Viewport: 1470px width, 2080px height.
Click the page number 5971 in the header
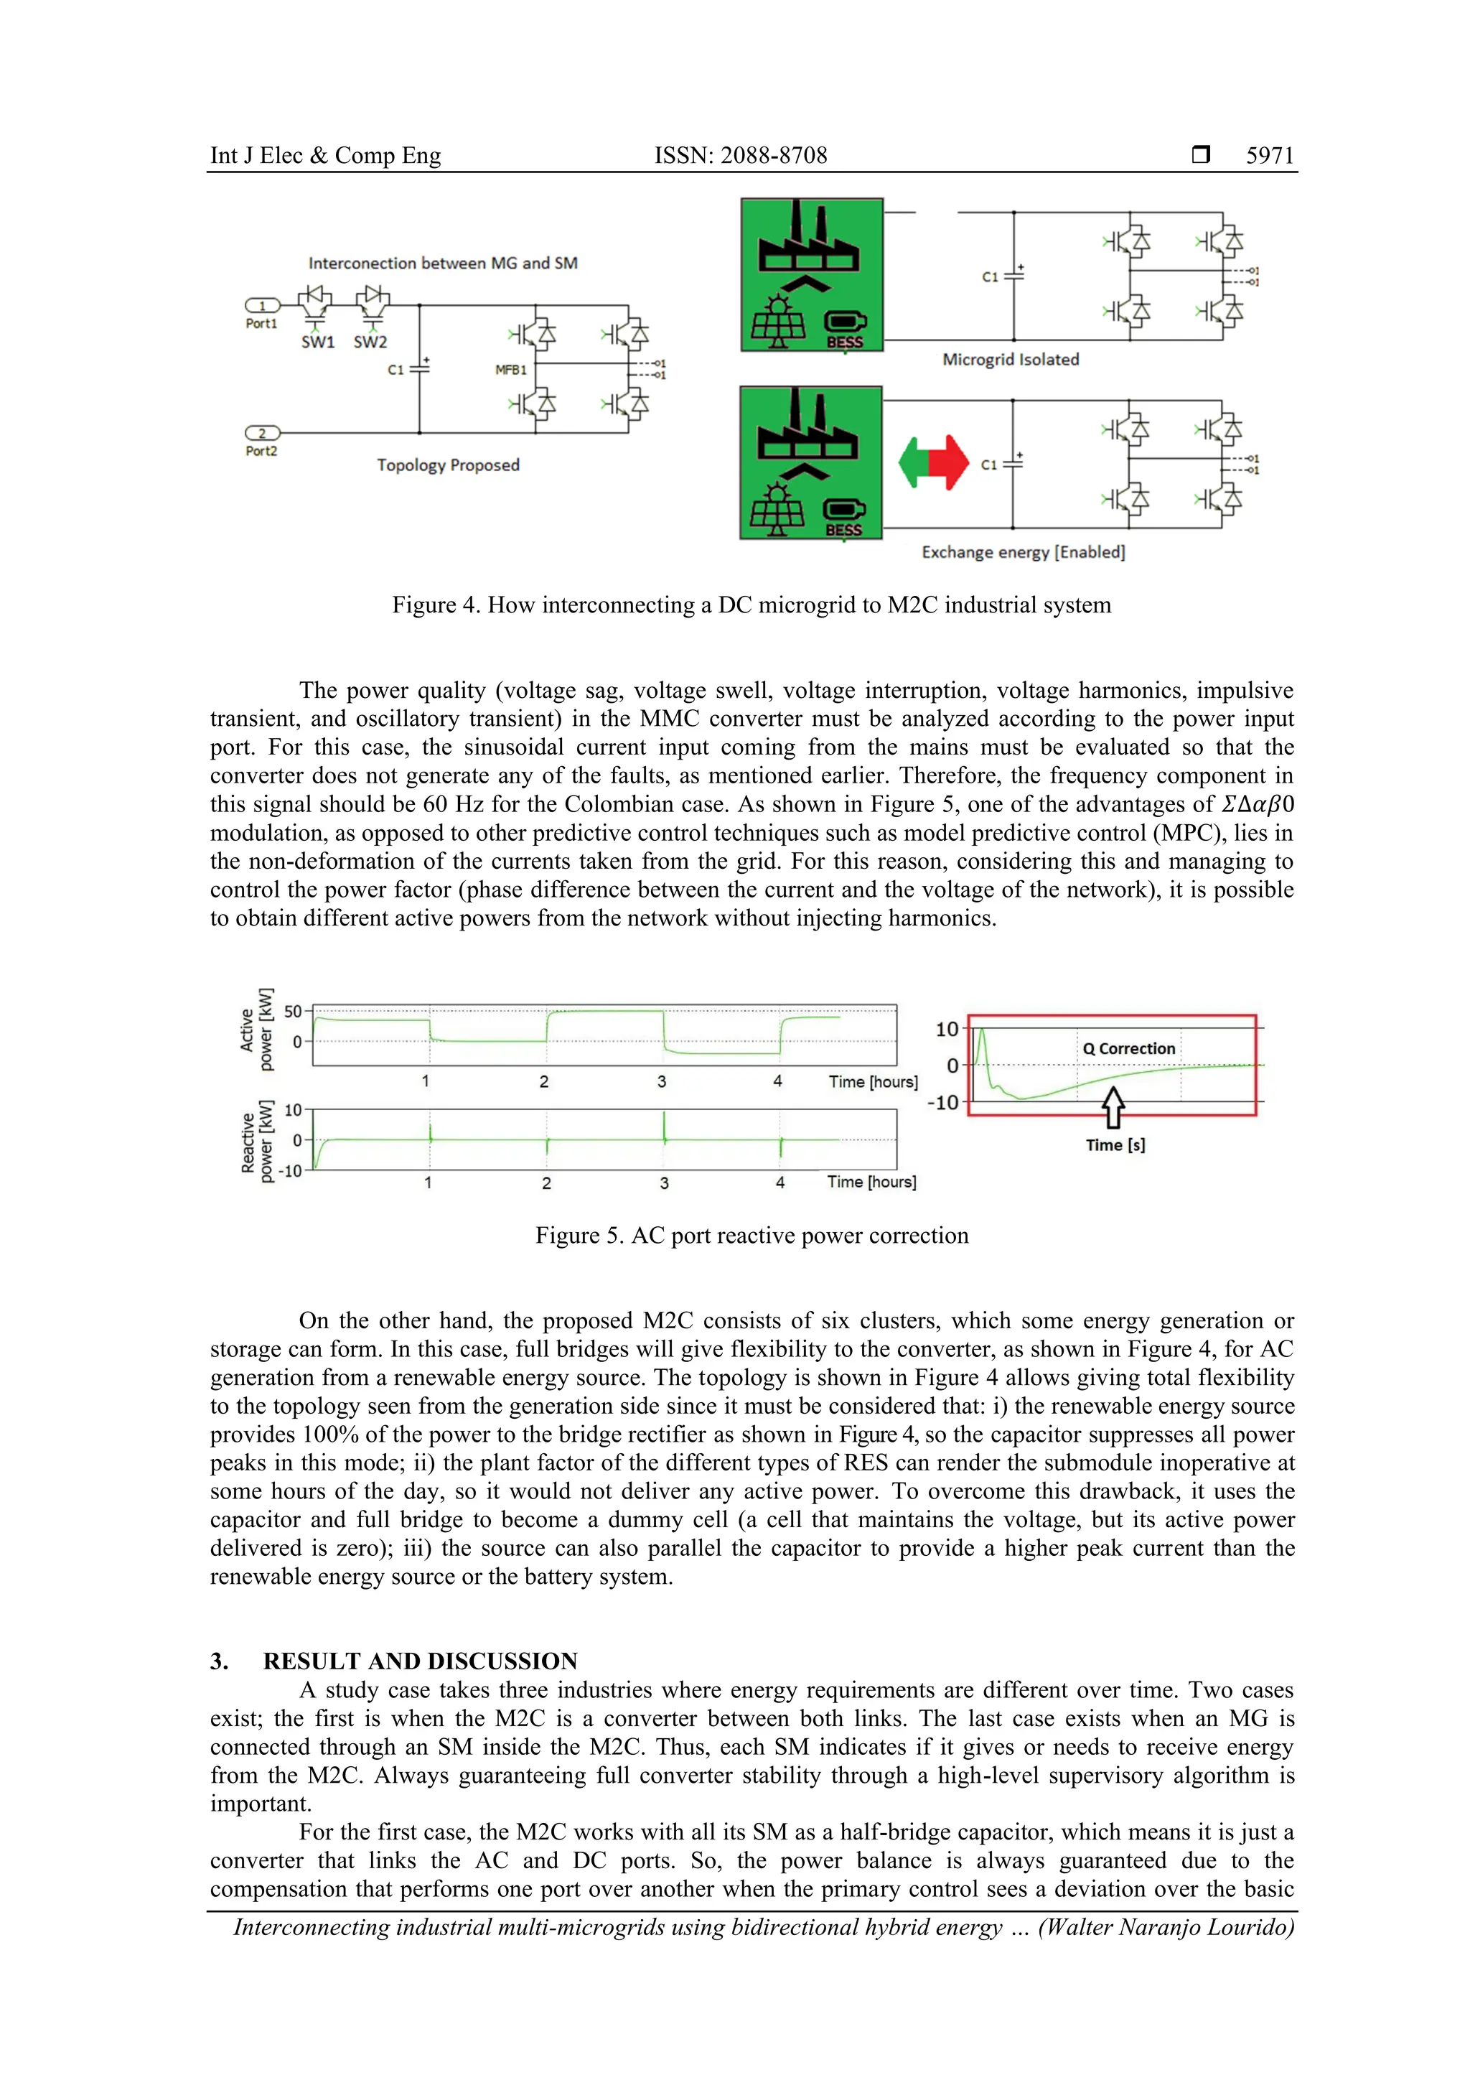[x=1269, y=156]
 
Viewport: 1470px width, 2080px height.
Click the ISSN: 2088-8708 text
[x=740, y=156]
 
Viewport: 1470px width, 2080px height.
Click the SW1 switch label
[x=318, y=342]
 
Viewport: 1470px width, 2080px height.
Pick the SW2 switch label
[x=370, y=342]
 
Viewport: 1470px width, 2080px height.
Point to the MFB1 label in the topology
[x=511, y=370]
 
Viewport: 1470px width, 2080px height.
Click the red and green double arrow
[x=933, y=462]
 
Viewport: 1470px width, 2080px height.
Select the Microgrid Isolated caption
[x=1010, y=360]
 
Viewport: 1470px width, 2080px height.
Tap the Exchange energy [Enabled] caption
[x=1023, y=551]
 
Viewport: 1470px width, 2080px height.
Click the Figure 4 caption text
[x=751, y=605]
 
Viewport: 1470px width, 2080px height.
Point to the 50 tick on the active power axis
[x=293, y=1011]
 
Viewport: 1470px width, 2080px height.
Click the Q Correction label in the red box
[x=1128, y=1048]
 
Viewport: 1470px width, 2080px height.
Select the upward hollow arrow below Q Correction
[x=1113, y=1107]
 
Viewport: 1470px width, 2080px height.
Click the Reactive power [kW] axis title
[x=256, y=1142]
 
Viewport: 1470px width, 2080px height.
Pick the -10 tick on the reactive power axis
[x=290, y=1170]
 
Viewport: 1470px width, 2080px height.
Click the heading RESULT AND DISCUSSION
[x=421, y=1661]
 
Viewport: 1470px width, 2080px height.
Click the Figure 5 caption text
[x=751, y=1236]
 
